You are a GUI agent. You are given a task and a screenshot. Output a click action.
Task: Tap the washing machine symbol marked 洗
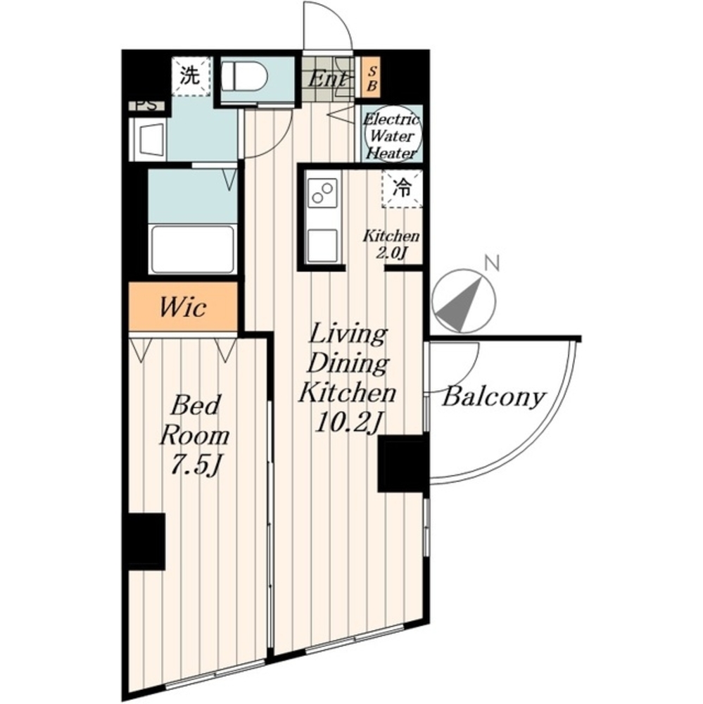[x=191, y=76]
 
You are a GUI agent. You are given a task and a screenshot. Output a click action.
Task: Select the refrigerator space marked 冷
[x=402, y=189]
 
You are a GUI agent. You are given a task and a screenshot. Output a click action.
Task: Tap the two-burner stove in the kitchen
[x=322, y=193]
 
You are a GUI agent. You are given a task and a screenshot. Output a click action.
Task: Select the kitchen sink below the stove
[x=322, y=245]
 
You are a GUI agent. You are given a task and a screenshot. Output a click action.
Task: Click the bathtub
[x=193, y=249]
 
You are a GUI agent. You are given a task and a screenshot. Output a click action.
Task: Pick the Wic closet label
[x=183, y=308]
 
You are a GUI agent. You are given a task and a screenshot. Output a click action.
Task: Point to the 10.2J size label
[x=348, y=422]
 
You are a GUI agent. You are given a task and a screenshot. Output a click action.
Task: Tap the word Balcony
[x=494, y=397]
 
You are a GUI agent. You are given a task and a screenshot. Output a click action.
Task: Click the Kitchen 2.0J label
[x=391, y=245]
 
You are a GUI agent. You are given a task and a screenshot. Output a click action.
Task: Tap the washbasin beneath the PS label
[x=148, y=139]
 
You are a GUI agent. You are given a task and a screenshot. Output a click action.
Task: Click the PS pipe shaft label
[x=146, y=106]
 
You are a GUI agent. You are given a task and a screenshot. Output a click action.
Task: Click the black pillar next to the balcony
[x=402, y=463]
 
